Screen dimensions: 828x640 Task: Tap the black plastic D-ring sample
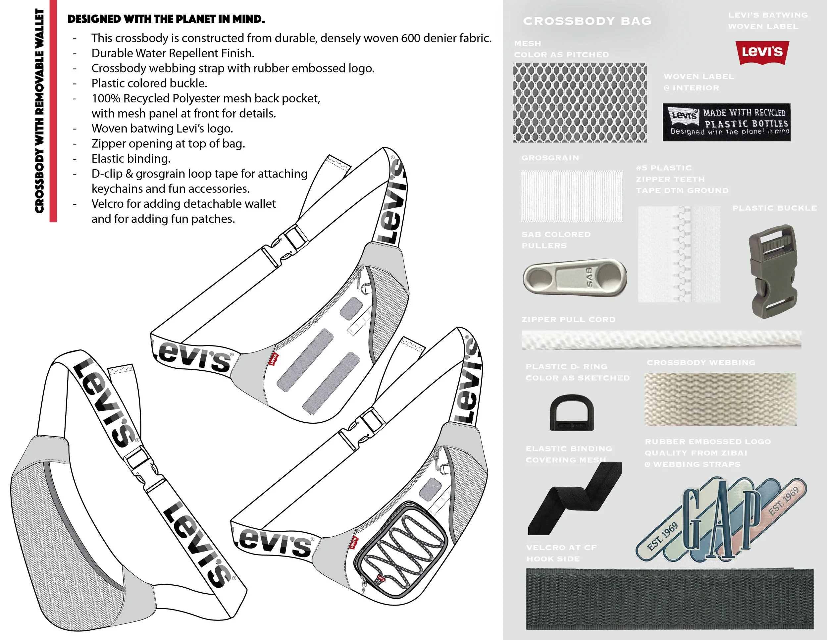pyautogui.click(x=572, y=413)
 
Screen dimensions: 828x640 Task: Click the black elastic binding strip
pyautogui.click(x=574, y=499)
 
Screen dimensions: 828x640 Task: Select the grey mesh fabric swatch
pyautogui.click(x=580, y=102)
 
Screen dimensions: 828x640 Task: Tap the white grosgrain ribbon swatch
pyautogui.click(x=571, y=196)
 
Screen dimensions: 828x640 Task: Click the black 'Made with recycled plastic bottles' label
pyautogui.click(x=726, y=123)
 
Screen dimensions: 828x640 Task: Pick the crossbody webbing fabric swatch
pyautogui.click(x=720, y=399)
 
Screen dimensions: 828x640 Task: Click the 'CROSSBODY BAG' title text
pyautogui.click(x=587, y=21)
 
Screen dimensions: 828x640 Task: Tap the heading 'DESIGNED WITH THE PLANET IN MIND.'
pyautogui.click(x=166, y=19)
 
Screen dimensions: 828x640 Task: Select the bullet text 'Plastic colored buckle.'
pyautogui.click(x=149, y=83)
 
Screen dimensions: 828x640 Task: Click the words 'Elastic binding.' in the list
pyautogui.click(x=131, y=158)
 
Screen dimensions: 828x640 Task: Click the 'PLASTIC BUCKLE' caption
pyautogui.click(x=774, y=208)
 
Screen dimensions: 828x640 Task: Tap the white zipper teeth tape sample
pyautogui.click(x=679, y=254)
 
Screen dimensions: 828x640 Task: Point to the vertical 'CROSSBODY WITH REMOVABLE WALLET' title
pyautogui.click(x=39, y=111)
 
